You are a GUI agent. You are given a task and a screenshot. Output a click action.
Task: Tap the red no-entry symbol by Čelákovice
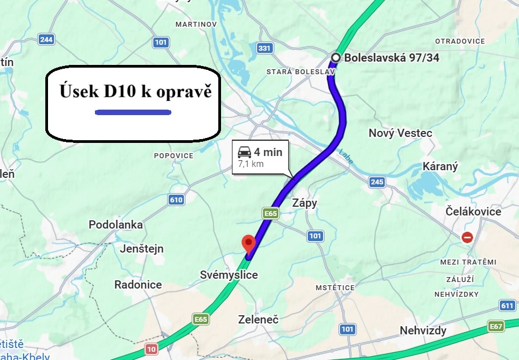point(467,237)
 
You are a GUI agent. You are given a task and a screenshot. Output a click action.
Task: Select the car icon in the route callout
point(244,152)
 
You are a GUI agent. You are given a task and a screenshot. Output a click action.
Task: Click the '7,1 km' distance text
point(251,164)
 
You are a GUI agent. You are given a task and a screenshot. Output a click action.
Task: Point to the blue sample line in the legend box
point(133,112)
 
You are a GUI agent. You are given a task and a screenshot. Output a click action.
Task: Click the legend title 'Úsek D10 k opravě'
point(135,92)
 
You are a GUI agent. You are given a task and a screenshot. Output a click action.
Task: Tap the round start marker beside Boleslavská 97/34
point(336,57)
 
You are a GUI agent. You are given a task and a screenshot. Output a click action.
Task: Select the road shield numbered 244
point(46,39)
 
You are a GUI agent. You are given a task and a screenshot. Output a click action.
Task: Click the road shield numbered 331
point(265,49)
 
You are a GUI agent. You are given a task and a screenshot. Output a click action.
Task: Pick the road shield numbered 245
point(377,182)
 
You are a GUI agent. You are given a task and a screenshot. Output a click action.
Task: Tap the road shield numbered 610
point(176,200)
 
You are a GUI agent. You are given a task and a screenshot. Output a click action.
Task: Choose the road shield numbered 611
point(508,305)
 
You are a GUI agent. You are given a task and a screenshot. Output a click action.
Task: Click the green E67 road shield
point(496,326)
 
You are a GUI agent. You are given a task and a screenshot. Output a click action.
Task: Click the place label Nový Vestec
point(401,133)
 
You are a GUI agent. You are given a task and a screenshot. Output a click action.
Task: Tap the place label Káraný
point(440,167)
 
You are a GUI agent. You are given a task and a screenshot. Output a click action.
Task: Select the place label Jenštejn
point(141,249)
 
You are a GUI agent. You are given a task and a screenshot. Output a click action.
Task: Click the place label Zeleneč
point(259,320)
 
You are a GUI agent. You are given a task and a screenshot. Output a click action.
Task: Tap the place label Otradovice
point(460,41)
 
